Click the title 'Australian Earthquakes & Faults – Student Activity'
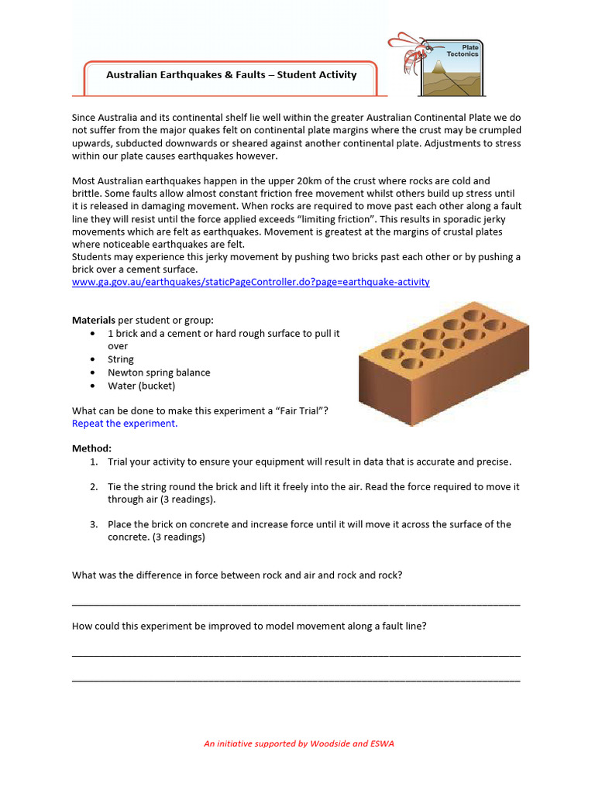pyautogui.click(x=231, y=75)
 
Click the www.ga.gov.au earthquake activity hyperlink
pyautogui.click(x=250, y=282)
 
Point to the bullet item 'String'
pyautogui.click(x=121, y=359)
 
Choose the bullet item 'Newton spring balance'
pyautogui.click(x=159, y=372)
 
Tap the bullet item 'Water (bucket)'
pyautogui.click(x=142, y=386)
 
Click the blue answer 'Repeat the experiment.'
pyautogui.click(x=125, y=424)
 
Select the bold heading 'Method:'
pyautogui.click(x=91, y=448)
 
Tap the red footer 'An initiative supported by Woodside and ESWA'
pyautogui.click(x=298, y=743)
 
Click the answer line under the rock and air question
pyautogui.click(x=296, y=603)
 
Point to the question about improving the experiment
pyautogui.click(x=249, y=626)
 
